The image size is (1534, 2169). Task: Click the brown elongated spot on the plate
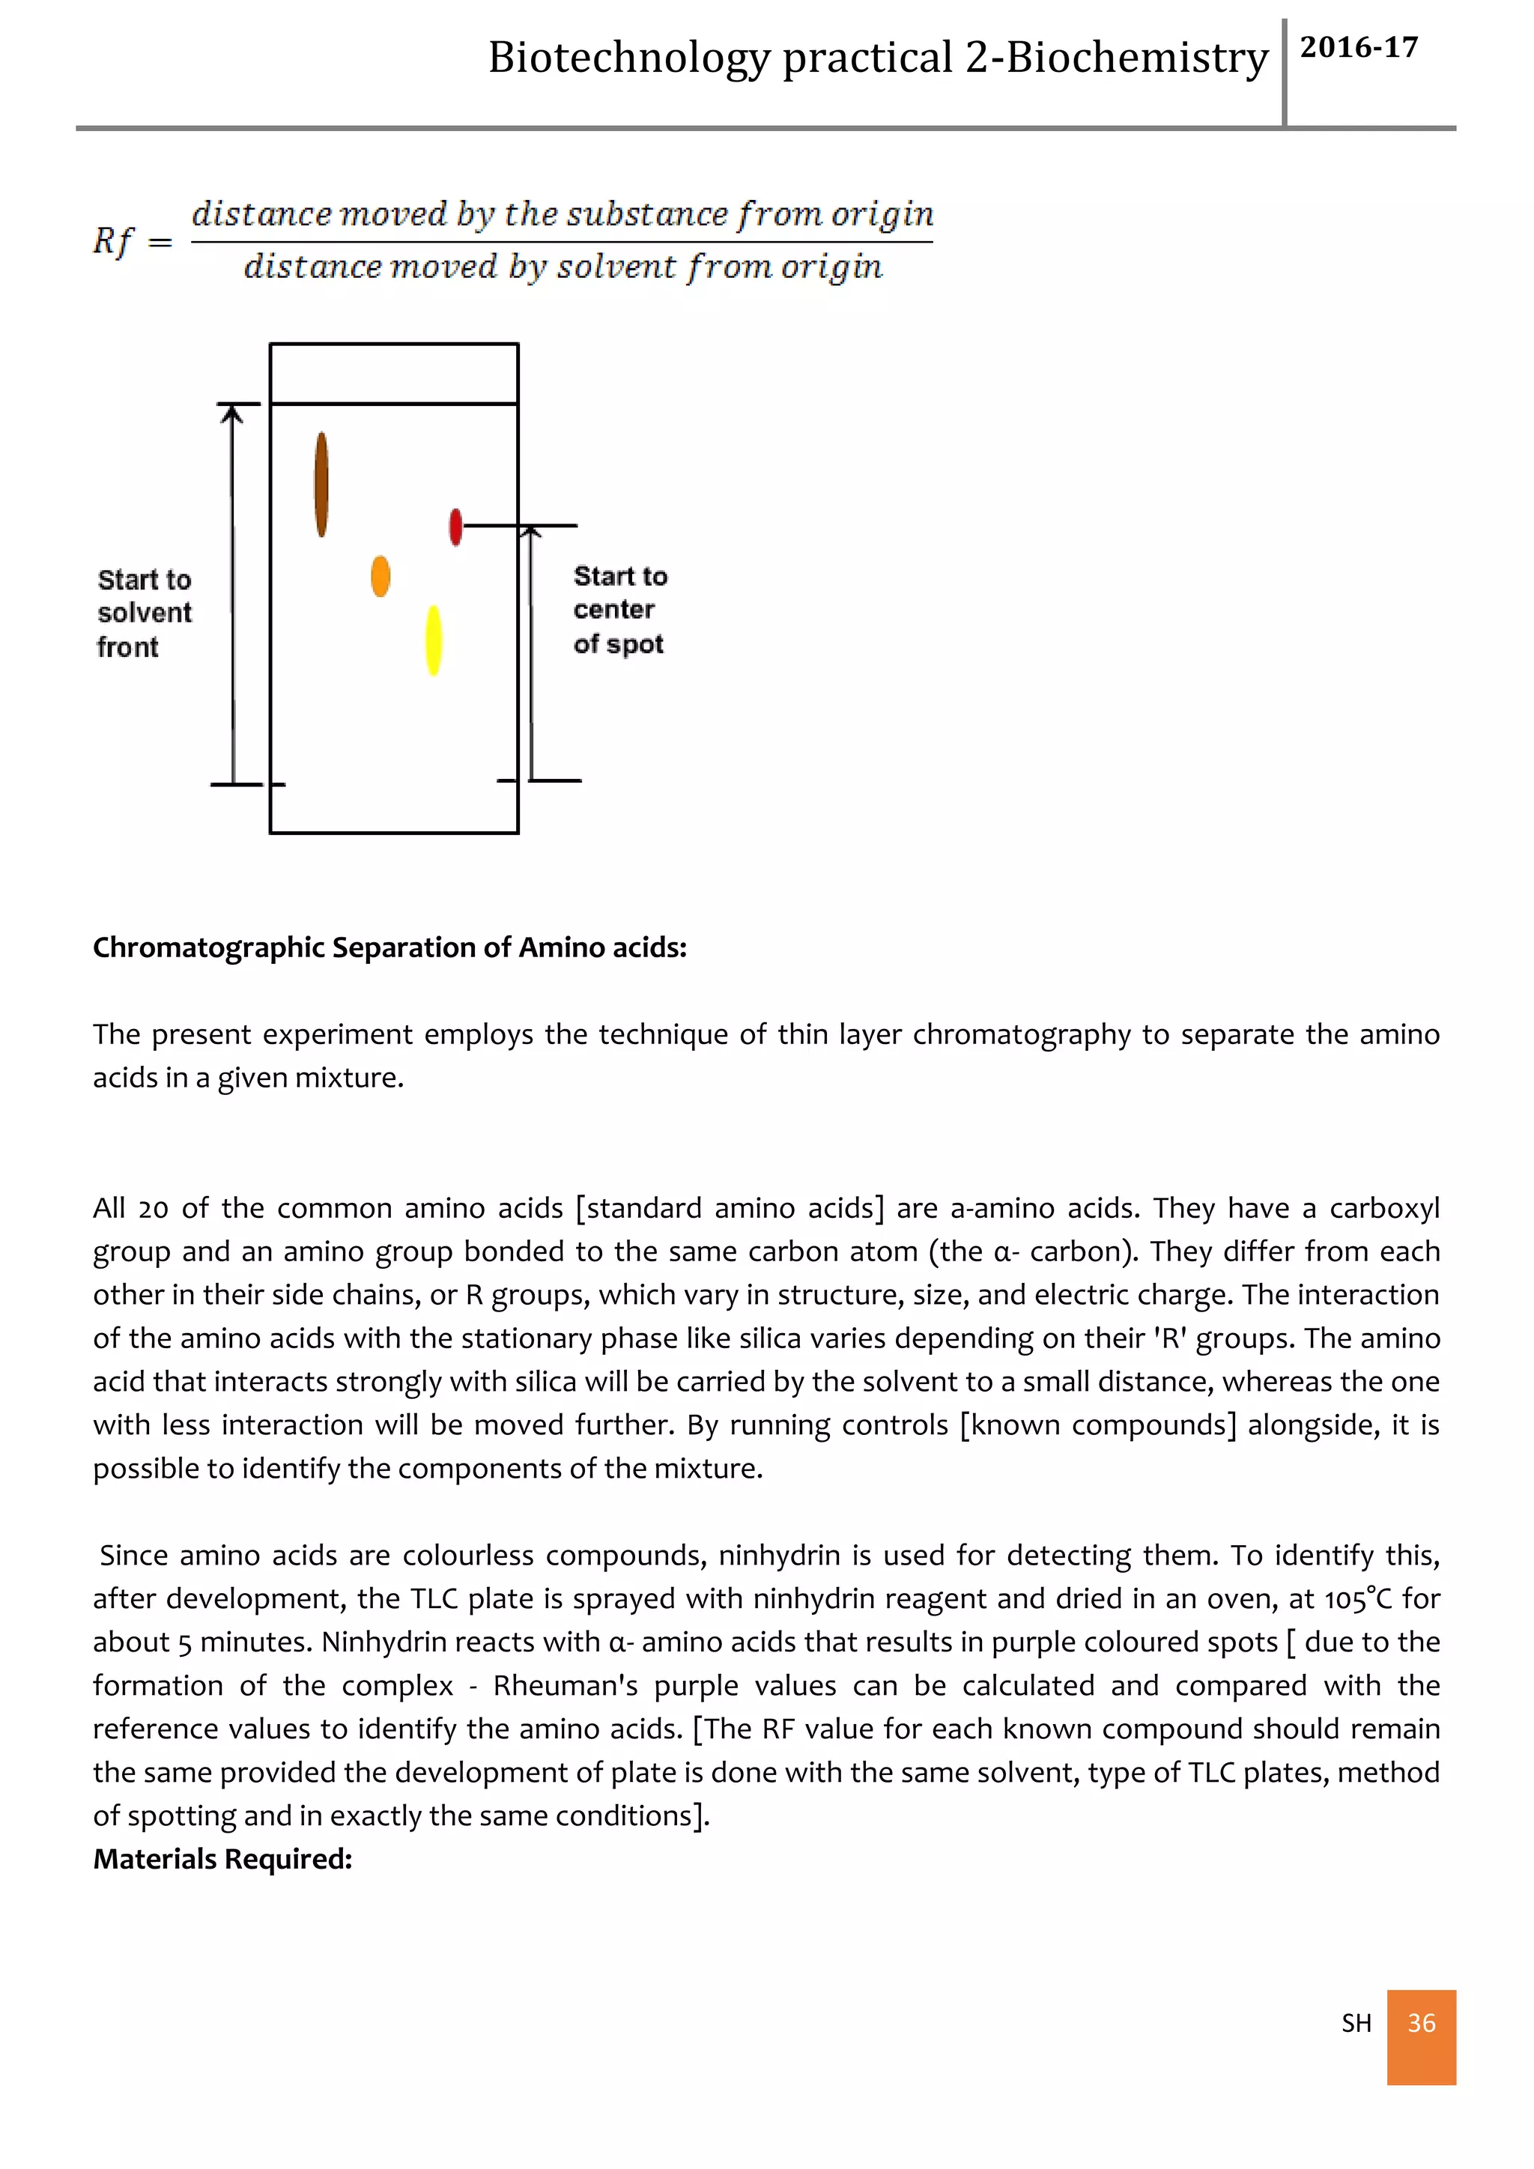click(321, 484)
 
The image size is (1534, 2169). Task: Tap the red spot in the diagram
click(455, 527)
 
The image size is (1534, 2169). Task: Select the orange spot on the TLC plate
click(380, 575)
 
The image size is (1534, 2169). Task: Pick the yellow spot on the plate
click(434, 640)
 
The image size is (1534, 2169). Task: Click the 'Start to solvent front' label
click(144, 613)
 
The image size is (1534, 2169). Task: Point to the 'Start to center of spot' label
click(619, 610)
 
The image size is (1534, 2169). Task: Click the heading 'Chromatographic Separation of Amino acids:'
click(389, 947)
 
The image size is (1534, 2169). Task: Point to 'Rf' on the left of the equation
click(113, 241)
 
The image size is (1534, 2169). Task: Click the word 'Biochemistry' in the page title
click(1136, 58)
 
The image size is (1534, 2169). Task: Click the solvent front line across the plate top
click(394, 404)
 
